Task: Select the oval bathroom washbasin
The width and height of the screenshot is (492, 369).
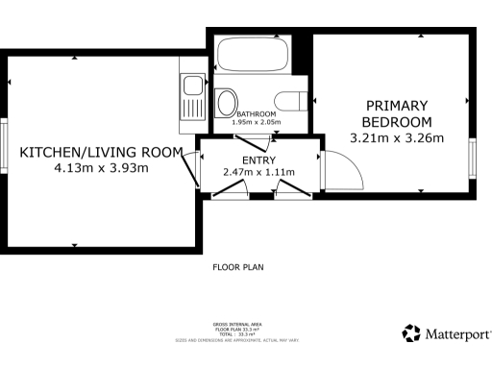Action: point(228,103)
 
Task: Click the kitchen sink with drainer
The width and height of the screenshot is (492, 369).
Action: point(192,99)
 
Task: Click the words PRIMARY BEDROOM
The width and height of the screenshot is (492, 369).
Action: point(397,113)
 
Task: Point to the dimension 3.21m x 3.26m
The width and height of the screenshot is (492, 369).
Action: point(397,137)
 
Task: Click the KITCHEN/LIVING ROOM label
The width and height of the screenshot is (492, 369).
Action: point(101,153)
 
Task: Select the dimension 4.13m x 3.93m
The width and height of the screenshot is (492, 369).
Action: point(101,168)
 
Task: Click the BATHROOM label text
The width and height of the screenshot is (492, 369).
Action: point(256,115)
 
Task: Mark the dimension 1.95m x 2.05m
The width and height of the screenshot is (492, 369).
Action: point(256,123)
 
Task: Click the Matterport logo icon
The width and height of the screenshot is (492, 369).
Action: point(411,333)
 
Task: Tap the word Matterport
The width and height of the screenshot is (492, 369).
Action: point(457,334)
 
